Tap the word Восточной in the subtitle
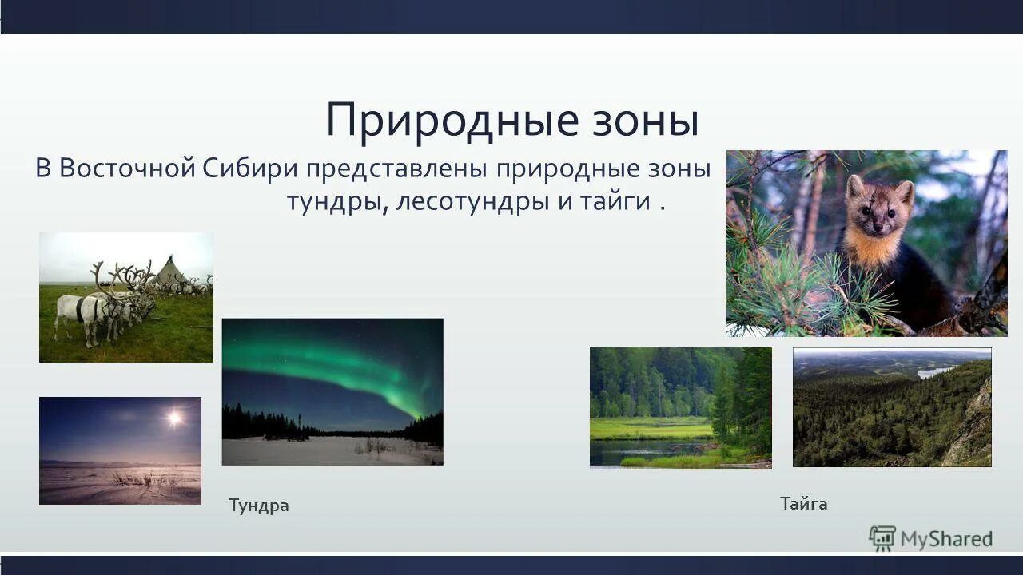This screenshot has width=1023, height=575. [127, 169]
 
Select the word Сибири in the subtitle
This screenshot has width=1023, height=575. [250, 169]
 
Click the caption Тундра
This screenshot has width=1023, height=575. [258, 506]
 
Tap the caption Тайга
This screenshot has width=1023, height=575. [803, 504]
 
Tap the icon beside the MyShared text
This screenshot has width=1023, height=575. [882, 538]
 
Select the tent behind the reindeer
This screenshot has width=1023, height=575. [170, 272]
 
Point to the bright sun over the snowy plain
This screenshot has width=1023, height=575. [173, 417]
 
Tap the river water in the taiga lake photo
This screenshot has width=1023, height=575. [639, 453]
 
